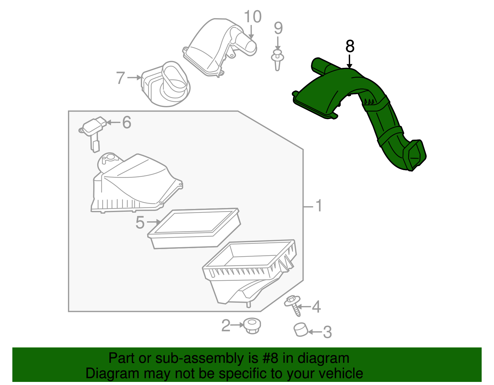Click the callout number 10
(253, 17)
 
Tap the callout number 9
(278, 28)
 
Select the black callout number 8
(350, 47)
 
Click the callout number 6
(127, 123)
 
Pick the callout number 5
(140, 222)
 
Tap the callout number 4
(316, 307)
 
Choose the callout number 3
(327, 332)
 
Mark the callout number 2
(226, 326)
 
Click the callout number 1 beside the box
(319, 206)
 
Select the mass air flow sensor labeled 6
(93, 129)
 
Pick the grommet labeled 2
(252, 326)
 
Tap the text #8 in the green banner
(270, 358)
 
